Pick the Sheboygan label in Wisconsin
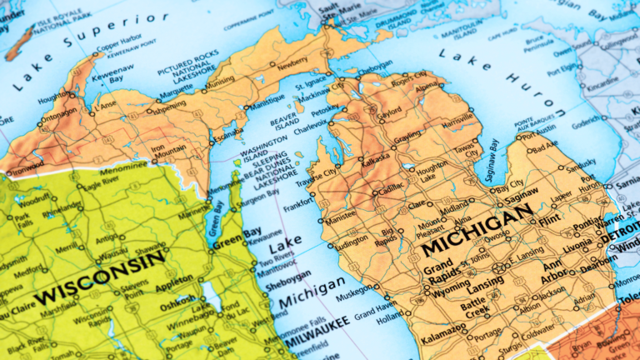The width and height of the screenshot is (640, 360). pos(288,276)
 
